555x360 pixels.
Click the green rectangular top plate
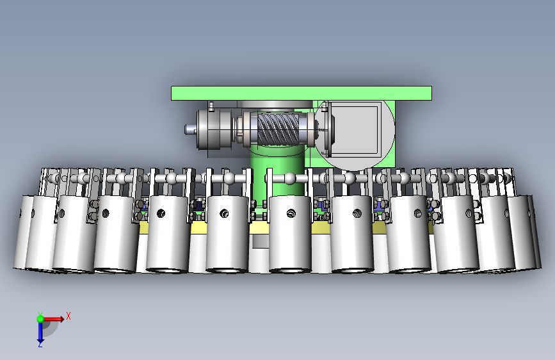click(302, 93)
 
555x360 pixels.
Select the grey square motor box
click(356, 129)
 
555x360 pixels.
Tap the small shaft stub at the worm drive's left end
click(190, 129)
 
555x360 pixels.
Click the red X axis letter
click(68, 316)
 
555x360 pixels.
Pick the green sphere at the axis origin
click(40, 319)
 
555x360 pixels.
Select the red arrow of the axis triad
click(53, 319)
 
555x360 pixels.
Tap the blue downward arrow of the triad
click(40, 332)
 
